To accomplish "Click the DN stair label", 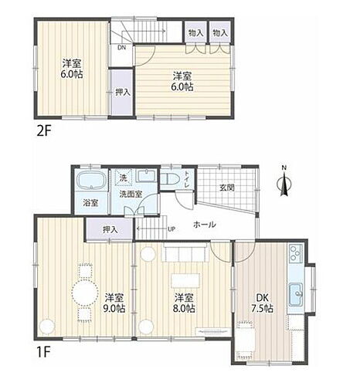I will click(121, 48).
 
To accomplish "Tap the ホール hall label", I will click(204, 225).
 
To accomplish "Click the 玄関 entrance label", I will click(226, 188).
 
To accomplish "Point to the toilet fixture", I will click(170, 178).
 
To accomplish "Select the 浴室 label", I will click(91, 202).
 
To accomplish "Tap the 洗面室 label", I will click(128, 195).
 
